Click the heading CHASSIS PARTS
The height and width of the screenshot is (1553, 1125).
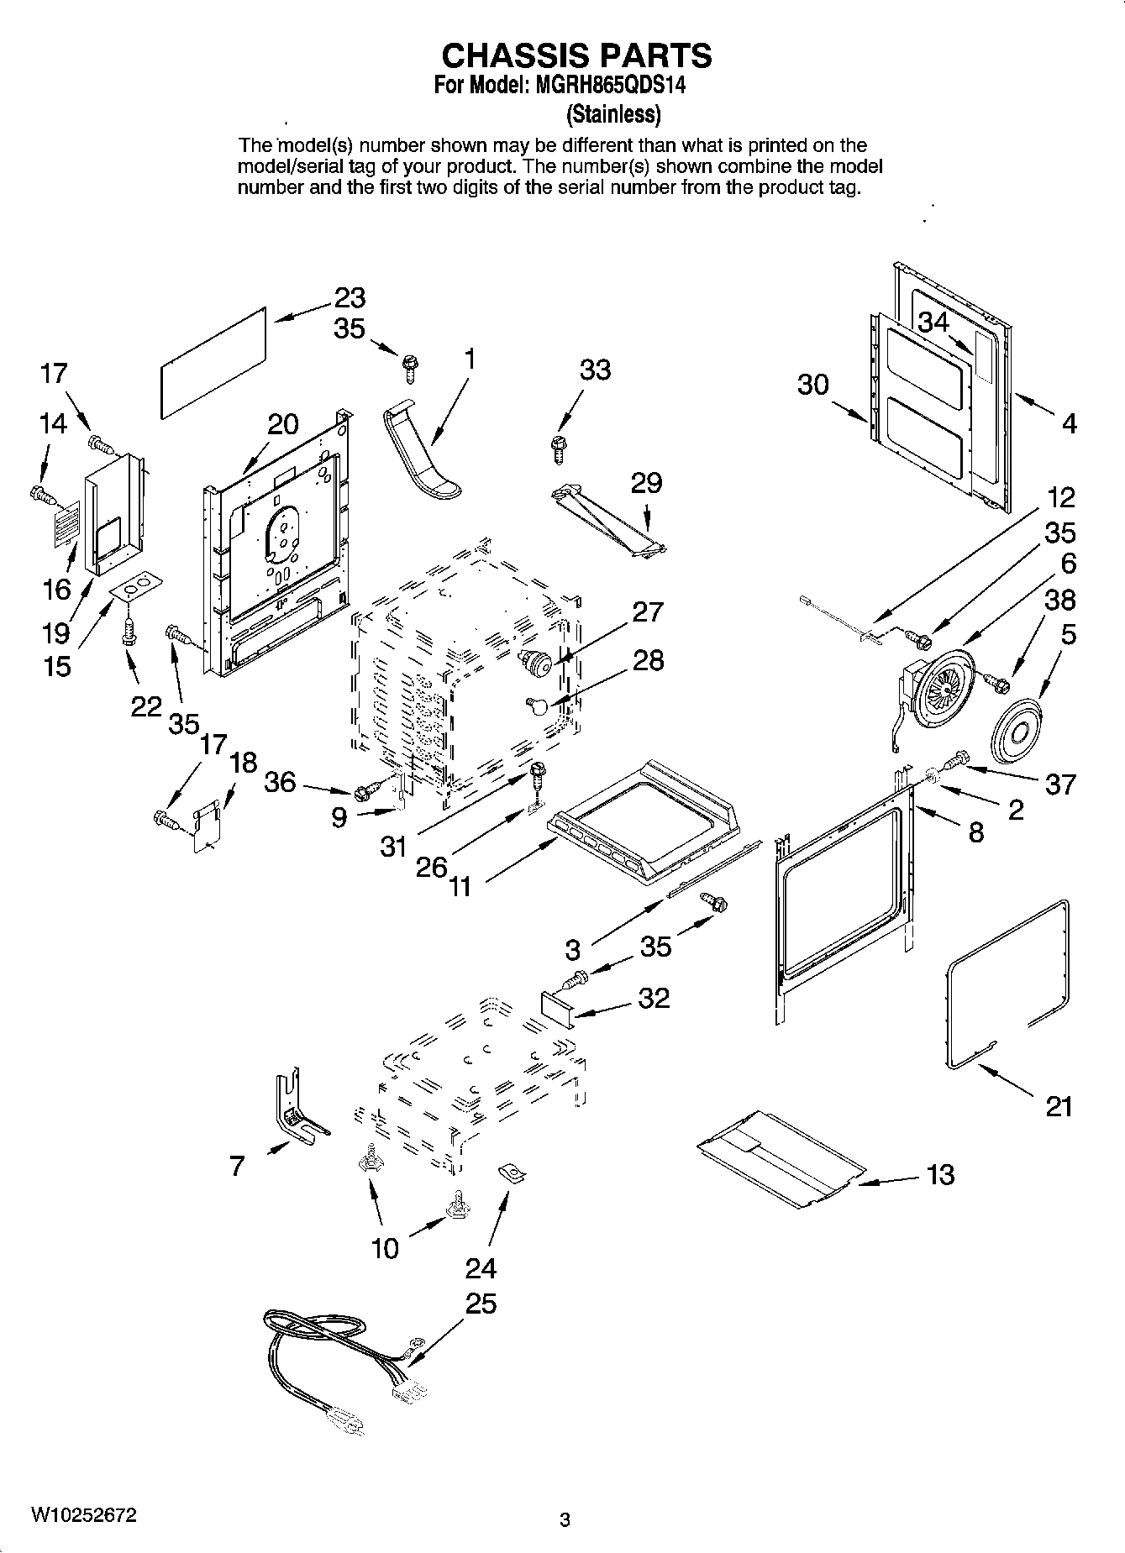[x=576, y=55]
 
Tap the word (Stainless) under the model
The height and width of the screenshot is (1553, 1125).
[x=613, y=113]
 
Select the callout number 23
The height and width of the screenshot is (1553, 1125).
[x=350, y=297]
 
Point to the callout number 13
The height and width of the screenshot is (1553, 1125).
[x=940, y=1173]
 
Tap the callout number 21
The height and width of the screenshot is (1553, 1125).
[x=1059, y=1106]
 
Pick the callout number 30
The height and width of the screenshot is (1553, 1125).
[x=812, y=385]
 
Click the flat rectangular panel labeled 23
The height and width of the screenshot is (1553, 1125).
[x=213, y=361]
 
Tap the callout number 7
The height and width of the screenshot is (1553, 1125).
[x=237, y=1166]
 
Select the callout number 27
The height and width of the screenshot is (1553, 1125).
[x=648, y=611]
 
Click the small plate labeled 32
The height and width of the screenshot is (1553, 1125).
[x=556, y=1005]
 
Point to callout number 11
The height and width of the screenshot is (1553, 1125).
[x=460, y=885]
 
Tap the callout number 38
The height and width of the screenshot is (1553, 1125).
[x=1059, y=600]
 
